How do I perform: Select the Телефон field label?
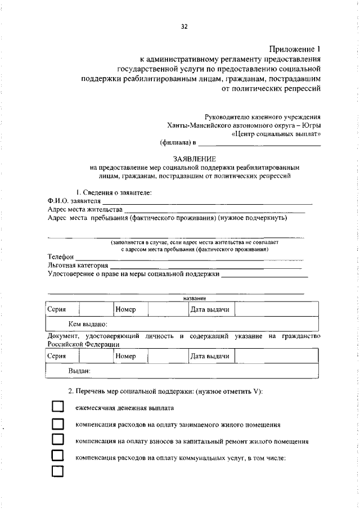(61, 257)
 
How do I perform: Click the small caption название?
(195, 298)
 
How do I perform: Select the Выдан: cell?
(79, 371)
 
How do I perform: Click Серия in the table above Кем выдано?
(57, 309)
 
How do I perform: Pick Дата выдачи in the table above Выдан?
(209, 356)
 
